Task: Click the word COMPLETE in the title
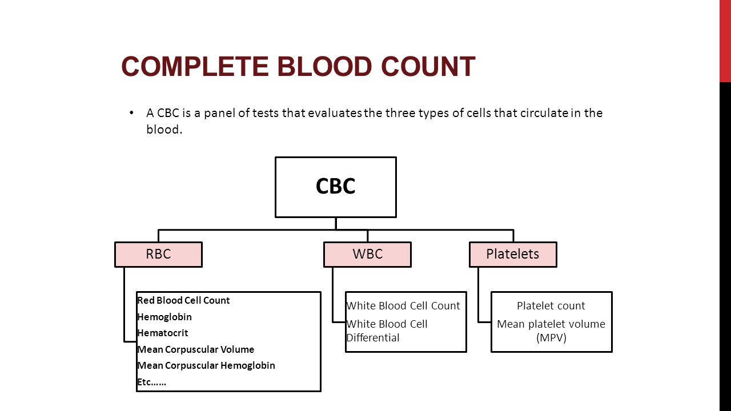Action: point(195,67)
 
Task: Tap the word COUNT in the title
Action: point(428,67)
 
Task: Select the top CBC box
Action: point(336,187)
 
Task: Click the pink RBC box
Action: point(159,255)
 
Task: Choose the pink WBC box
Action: point(367,255)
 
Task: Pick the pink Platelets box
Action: point(513,255)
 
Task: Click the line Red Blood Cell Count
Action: point(183,300)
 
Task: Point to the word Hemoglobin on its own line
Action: point(164,317)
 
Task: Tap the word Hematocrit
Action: point(163,333)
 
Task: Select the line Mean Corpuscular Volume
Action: point(196,349)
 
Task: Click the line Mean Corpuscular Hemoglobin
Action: point(206,366)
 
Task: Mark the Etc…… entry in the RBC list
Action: point(152,382)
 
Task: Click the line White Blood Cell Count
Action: point(403,306)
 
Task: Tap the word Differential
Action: point(373,337)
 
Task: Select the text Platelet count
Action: point(551,306)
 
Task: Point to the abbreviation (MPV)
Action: point(551,337)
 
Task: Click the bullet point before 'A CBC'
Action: point(131,113)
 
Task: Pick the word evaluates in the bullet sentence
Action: point(335,113)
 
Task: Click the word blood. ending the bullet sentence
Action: point(164,130)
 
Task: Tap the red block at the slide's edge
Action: point(725,41)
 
